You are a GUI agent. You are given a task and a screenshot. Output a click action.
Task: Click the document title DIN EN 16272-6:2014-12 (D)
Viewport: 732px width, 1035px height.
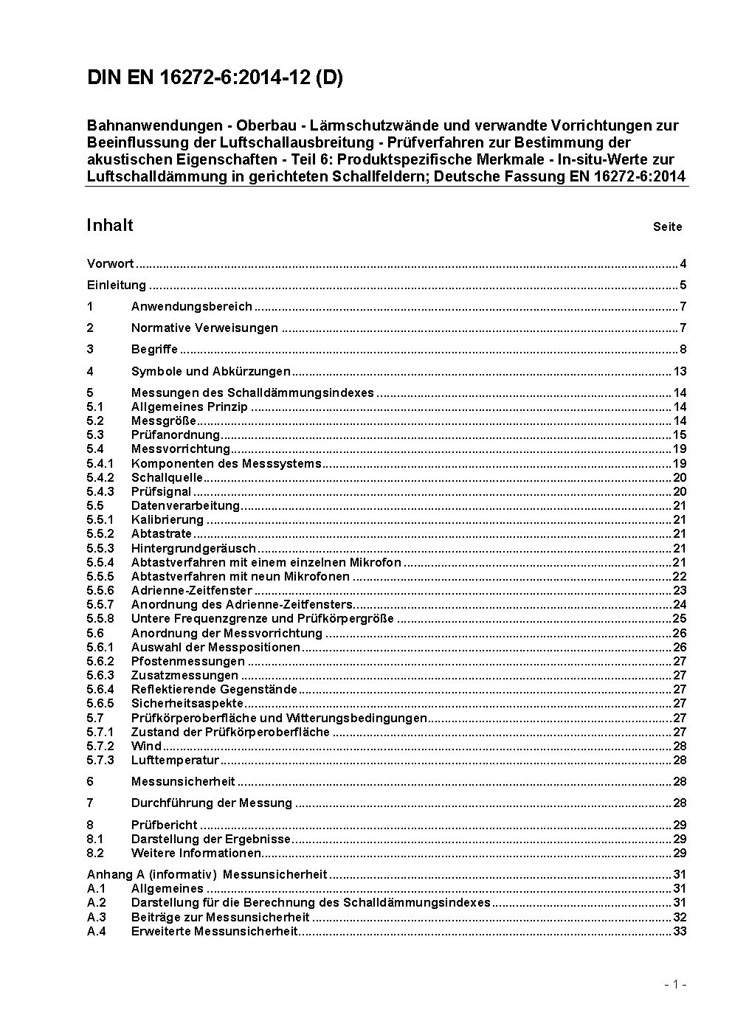coord(215,78)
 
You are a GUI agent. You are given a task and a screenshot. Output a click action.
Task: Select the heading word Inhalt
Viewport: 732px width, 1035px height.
coord(110,225)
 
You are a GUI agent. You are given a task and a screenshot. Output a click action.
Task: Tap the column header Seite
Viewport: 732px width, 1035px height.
coord(667,227)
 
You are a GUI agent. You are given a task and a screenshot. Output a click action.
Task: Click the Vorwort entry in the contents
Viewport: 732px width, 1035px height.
coord(110,264)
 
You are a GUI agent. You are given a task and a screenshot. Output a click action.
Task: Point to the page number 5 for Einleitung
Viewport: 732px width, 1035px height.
coord(683,285)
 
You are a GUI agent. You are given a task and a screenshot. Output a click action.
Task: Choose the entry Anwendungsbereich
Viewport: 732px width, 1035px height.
coord(191,307)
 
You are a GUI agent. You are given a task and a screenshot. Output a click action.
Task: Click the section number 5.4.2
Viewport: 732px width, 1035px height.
coord(100,477)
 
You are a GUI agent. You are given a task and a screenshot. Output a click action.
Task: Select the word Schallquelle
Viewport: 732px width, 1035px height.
coord(167,477)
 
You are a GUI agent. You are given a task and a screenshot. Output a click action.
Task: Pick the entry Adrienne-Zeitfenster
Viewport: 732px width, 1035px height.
coord(191,591)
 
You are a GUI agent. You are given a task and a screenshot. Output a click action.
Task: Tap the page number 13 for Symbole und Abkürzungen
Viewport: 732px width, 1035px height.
coord(680,371)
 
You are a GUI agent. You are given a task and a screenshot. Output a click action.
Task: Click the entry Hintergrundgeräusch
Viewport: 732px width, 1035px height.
coord(193,548)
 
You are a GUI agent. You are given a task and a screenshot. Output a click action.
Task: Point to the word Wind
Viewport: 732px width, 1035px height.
coord(146,746)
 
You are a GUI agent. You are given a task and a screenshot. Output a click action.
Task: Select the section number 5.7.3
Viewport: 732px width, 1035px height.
coord(100,760)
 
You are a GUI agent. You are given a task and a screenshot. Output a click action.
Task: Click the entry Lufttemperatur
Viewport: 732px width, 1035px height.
coord(175,760)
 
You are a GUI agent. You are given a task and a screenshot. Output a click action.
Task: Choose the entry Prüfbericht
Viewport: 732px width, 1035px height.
coord(164,825)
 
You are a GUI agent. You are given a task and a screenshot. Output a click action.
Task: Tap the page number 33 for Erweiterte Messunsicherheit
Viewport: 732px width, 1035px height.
coord(680,932)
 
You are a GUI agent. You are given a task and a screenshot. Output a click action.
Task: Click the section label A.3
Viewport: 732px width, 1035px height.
coord(97,918)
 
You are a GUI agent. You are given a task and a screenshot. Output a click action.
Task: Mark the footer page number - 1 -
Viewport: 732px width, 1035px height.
coord(674,984)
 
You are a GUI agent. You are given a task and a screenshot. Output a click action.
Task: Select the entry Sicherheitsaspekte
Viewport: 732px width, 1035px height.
coord(187,704)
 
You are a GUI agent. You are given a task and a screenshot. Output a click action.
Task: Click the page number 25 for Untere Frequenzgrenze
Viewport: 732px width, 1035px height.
coord(680,619)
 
